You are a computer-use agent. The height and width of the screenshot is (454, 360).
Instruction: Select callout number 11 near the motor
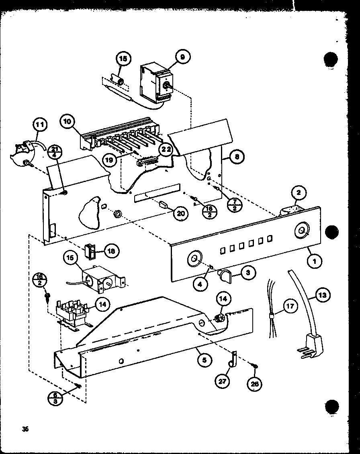40,125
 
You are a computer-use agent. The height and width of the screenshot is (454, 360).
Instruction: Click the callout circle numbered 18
111,250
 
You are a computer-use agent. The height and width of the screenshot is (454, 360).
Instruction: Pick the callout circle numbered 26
254,384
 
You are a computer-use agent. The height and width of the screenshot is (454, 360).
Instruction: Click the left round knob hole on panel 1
194,258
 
